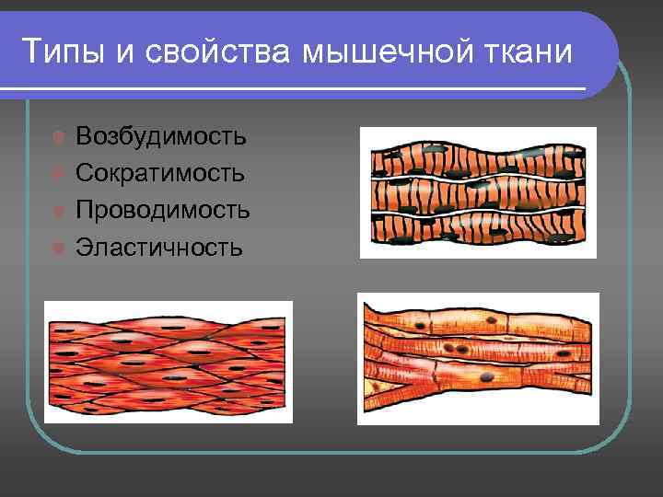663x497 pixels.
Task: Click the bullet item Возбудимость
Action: point(161,137)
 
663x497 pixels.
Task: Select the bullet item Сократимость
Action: point(160,173)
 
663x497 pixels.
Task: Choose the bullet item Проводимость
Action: point(163,210)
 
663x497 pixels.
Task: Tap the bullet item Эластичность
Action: point(159,247)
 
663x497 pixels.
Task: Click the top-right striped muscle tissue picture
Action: point(478,192)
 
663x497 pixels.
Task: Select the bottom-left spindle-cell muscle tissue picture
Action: point(169,362)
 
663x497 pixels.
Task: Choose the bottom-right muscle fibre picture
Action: point(478,359)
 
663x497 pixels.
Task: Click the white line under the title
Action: point(295,88)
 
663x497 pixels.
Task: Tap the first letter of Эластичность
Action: point(83,247)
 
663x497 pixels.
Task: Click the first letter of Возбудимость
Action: point(84,137)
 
